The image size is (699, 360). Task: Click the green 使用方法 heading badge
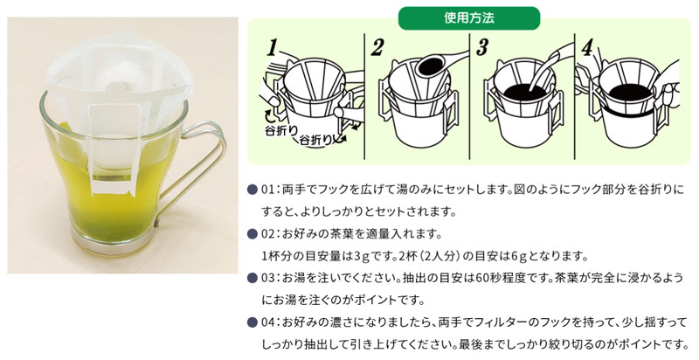coord(468,17)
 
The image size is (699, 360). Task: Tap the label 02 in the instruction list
coord(269,234)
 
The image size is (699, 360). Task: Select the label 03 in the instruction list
coord(269,278)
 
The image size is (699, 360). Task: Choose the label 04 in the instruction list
coord(269,322)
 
